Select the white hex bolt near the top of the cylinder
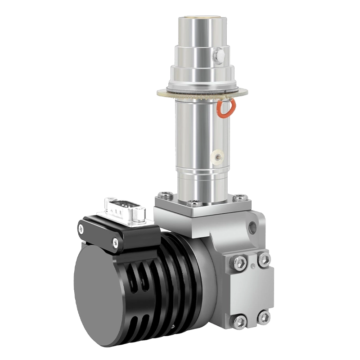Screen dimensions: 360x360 tap(220, 55)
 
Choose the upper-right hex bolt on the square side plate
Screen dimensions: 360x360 tap(264, 259)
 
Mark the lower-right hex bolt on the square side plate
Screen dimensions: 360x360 tap(265, 316)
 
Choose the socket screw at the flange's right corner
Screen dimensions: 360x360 tap(239, 197)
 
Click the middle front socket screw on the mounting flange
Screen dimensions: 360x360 tap(195, 203)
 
